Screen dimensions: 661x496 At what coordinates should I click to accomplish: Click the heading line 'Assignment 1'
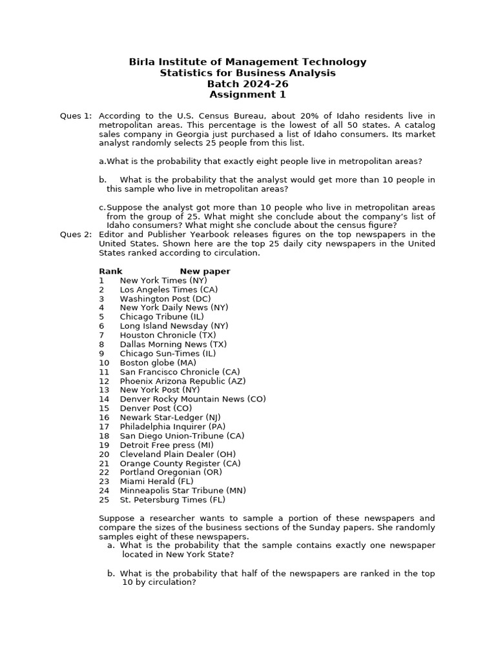[247, 95]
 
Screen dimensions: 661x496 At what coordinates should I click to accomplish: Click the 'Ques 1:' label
[76, 116]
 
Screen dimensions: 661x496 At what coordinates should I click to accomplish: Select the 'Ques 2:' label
[76, 235]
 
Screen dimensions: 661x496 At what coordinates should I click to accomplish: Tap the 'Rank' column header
[110, 272]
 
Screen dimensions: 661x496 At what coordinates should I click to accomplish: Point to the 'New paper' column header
[205, 272]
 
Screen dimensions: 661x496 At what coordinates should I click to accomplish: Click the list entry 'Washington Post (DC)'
[165, 299]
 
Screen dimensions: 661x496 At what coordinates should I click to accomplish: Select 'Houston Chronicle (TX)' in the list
[168, 336]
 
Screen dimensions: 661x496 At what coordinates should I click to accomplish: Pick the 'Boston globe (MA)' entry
[158, 363]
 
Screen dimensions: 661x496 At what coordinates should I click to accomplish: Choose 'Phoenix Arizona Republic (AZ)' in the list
[183, 381]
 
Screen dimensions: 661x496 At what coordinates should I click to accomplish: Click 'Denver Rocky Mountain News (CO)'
[192, 400]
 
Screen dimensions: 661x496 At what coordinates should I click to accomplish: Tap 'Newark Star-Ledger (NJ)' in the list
[170, 418]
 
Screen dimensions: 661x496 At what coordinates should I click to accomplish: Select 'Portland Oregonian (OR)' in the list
[171, 473]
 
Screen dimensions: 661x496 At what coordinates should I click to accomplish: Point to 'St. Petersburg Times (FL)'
[172, 500]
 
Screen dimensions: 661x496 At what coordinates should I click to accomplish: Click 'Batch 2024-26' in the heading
[247, 84]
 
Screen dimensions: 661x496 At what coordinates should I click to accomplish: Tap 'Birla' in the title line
[142, 62]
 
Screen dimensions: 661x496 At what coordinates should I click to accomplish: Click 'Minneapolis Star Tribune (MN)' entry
[183, 491]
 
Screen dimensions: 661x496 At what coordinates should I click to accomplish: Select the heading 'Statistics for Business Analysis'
[247, 73]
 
